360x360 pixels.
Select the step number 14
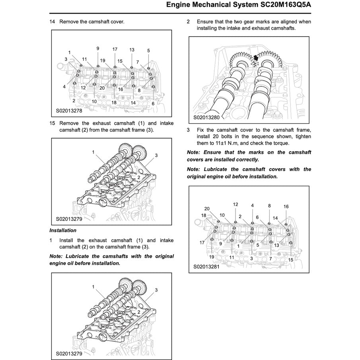(x=52, y=21)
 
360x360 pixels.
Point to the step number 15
(x=52, y=123)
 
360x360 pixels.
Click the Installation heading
(x=63, y=230)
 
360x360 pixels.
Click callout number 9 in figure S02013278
(x=98, y=49)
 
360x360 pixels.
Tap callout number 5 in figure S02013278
(x=148, y=51)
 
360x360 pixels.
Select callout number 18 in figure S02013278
(x=114, y=103)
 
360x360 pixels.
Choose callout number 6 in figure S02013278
(x=153, y=103)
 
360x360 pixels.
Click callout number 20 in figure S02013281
(x=207, y=208)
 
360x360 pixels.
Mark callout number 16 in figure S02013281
(x=286, y=206)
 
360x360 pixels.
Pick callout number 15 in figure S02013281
(x=291, y=259)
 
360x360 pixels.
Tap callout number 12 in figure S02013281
(x=235, y=204)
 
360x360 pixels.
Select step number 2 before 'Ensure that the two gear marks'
(x=188, y=21)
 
